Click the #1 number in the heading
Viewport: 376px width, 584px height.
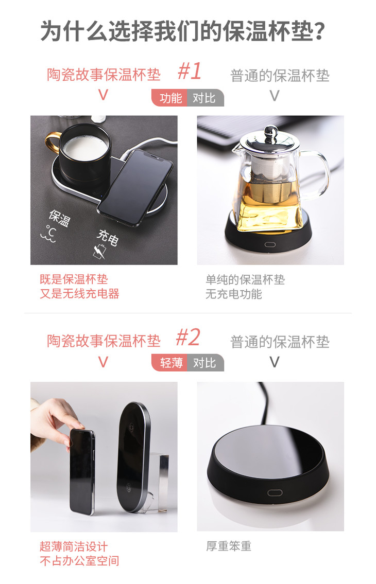tap(190, 71)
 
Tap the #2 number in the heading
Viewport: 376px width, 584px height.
tap(189, 338)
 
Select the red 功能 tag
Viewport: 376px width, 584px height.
tap(170, 98)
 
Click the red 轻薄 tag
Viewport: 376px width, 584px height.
tap(170, 363)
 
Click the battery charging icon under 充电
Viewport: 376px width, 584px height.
tap(99, 252)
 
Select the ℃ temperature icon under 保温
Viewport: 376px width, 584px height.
tap(49, 234)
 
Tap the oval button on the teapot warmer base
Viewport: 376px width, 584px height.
tap(270, 245)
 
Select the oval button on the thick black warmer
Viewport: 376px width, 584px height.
tap(275, 493)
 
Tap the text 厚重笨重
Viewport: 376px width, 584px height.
tap(229, 546)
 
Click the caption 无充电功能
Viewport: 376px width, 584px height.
tap(234, 294)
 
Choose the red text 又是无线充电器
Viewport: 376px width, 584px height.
tap(79, 293)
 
